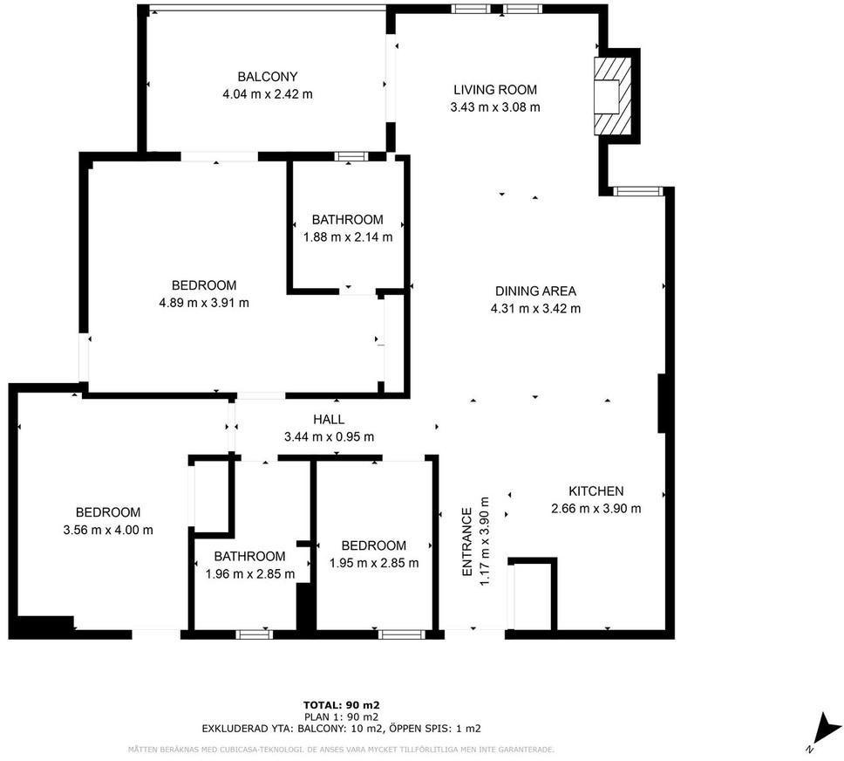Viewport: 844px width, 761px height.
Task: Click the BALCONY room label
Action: tap(268, 77)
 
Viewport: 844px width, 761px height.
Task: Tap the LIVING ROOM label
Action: tap(495, 90)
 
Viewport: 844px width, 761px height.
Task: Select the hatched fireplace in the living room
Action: tap(613, 96)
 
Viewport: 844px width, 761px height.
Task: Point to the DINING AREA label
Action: tap(535, 291)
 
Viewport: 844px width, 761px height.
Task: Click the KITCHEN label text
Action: tap(596, 491)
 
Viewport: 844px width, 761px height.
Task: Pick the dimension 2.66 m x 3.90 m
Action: tap(596, 508)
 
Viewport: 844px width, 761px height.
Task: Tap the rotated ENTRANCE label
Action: tap(466, 542)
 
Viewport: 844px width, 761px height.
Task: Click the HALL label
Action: tap(329, 419)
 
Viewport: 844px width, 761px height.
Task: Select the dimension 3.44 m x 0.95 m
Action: tap(329, 436)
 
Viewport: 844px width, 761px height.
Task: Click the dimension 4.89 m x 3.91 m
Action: tap(204, 302)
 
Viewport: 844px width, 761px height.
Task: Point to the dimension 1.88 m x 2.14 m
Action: tap(348, 237)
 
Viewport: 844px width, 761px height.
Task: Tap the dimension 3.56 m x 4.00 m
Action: tap(108, 530)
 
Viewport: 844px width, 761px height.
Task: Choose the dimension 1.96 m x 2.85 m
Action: tap(250, 574)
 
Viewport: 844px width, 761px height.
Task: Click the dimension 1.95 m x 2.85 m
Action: tap(374, 563)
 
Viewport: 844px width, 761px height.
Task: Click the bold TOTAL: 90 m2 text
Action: tap(342, 705)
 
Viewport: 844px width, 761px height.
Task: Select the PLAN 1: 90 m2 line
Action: tap(341, 716)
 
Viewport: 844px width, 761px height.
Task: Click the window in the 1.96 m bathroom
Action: tap(254, 634)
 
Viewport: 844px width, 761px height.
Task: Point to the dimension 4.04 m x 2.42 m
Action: tap(268, 93)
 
